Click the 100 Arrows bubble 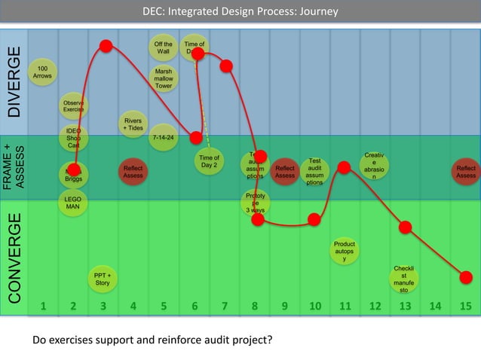(x=43, y=72)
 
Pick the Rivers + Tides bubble (x=133, y=124)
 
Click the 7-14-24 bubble (x=163, y=138)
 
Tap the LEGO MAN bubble (x=74, y=202)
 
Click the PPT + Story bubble (x=103, y=279)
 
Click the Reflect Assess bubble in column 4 (x=133, y=172)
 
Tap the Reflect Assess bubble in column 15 (x=466, y=172)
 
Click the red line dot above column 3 (x=106, y=46)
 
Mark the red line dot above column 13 (x=405, y=227)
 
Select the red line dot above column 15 (x=466, y=277)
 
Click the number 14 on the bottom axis (x=435, y=306)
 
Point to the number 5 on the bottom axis (x=164, y=306)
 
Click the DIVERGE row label (x=14, y=83)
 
